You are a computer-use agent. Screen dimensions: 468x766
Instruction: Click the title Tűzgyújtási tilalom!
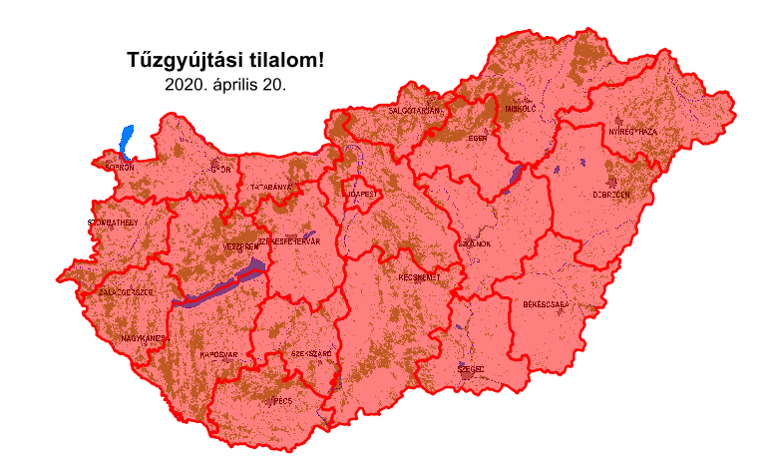[226, 60]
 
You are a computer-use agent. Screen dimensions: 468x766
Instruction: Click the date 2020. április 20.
[226, 85]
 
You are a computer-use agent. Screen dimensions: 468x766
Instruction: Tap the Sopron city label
[119, 169]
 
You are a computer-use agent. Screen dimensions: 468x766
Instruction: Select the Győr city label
[220, 170]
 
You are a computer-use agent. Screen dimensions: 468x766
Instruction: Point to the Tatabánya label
[271, 187]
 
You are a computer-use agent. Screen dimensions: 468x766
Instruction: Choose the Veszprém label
[240, 245]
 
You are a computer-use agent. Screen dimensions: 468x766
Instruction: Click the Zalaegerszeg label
[127, 292]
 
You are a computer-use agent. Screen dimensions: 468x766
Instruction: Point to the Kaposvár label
[218, 354]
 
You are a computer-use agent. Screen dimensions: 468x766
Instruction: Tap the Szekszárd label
[311, 354]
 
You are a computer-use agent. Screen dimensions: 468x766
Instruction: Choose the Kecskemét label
[419, 277]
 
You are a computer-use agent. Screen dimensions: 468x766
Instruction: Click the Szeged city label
[471, 369]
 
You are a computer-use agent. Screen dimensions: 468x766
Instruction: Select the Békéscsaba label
[546, 302]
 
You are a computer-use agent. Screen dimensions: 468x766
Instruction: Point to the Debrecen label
[611, 195]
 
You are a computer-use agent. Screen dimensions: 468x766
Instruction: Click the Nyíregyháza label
[633, 132]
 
